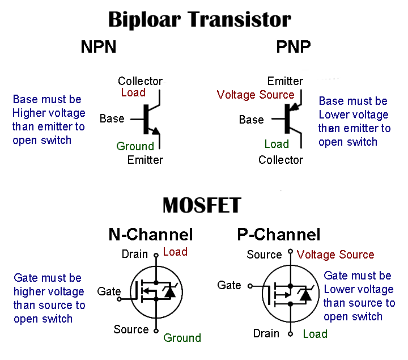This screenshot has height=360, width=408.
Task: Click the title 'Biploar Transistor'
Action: [x=199, y=19]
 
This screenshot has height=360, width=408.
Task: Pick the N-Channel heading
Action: [x=151, y=234]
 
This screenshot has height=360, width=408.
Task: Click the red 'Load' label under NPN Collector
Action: [x=133, y=92]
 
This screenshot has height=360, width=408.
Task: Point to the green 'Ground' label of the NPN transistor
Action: [x=135, y=146]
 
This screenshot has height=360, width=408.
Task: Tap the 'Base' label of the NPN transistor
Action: [x=112, y=118]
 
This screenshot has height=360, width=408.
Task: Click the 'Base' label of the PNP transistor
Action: [x=251, y=120]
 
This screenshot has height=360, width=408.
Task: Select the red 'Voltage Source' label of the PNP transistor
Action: [x=256, y=95]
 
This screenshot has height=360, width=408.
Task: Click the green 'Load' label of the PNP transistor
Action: [x=277, y=144]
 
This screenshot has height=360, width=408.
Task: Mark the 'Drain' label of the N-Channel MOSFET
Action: [x=135, y=255]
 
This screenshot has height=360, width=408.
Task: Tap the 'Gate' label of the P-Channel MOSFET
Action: [x=229, y=285]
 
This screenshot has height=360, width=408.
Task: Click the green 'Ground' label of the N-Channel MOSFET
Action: [x=182, y=338]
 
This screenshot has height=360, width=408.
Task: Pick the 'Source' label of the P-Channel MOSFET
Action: [x=264, y=255]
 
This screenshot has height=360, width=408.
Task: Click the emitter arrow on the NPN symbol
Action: [x=156, y=132]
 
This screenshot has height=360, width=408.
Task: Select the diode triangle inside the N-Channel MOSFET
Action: [x=168, y=293]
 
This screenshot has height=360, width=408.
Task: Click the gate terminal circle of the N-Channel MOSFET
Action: [x=120, y=298]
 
